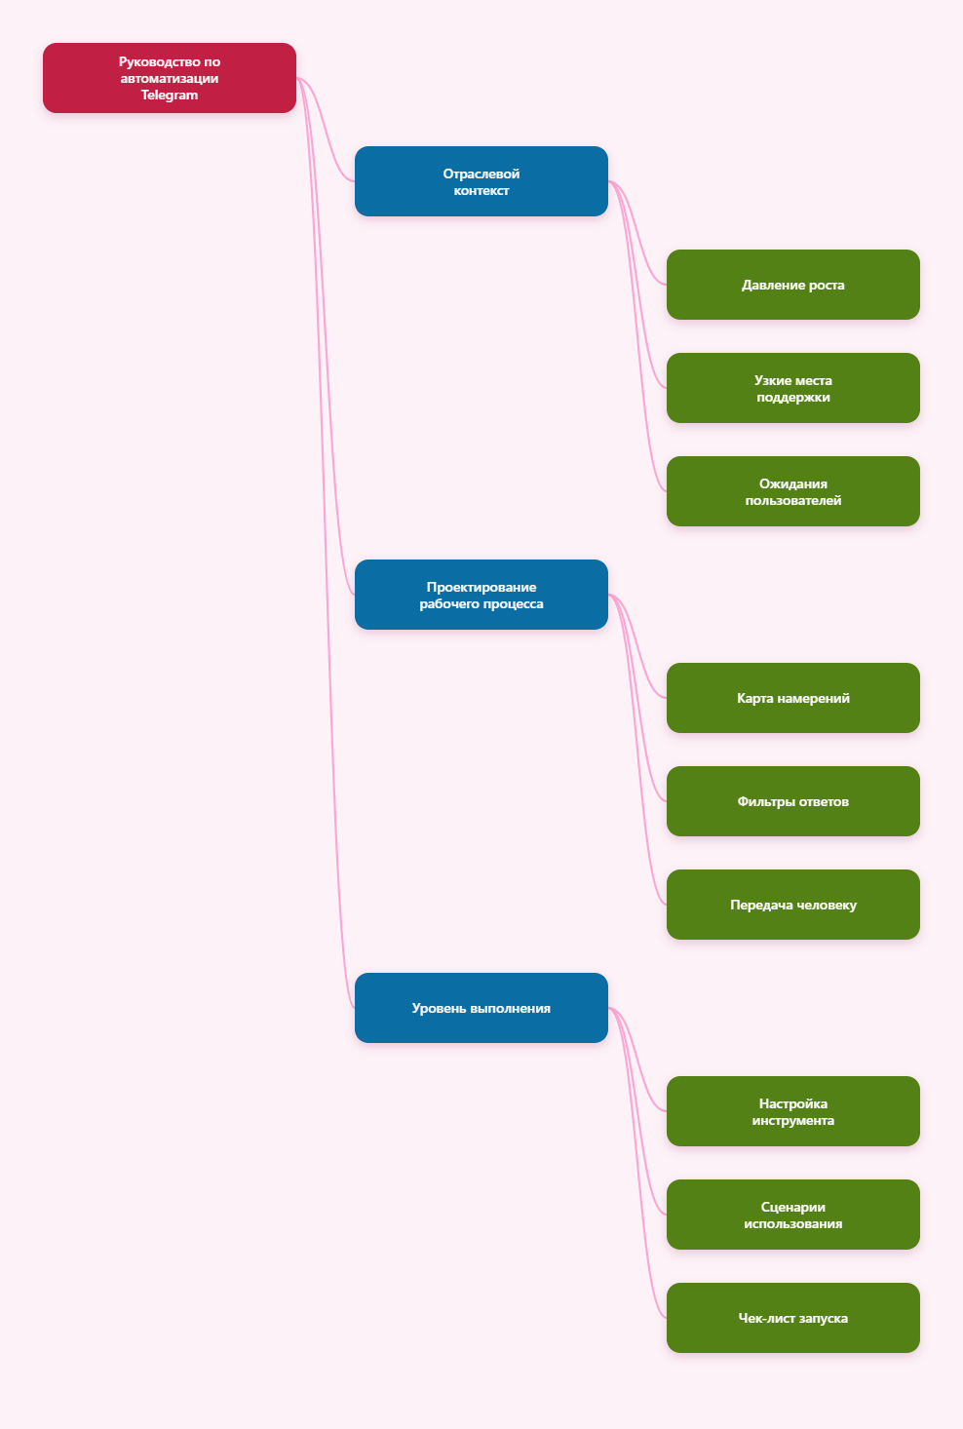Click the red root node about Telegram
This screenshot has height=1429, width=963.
pyautogui.click(x=169, y=78)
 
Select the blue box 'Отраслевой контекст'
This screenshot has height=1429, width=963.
pyautogui.click(x=481, y=181)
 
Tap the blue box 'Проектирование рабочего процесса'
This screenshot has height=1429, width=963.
pyautogui.click(x=481, y=595)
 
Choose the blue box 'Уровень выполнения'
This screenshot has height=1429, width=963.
pyautogui.click(x=481, y=1008)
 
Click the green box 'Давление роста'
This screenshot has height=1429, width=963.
pyautogui.click(x=792, y=285)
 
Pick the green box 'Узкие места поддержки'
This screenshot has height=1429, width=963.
pyautogui.click(x=792, y=388)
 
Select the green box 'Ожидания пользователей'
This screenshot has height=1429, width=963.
pyautogui.click(x=792, y=491)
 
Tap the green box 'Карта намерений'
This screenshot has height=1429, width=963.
pyautogui.click(x=792, y=698)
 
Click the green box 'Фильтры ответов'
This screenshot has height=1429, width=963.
pyautogui.click(x=792, y=801)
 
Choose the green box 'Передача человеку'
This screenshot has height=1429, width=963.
pyautogui.click(x=792, y=905)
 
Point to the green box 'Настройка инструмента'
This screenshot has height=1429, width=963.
pyautogui.click(x=792, y=1111)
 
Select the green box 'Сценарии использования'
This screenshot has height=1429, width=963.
pyautogui.click(x=792, y=1215)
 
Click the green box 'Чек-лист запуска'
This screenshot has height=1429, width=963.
pyautogui.click(x=792, y=1318)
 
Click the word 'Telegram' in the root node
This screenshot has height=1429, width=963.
pyautogui.click(x=169, y=96)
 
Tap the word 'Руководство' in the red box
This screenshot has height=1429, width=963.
pyautogui.click(x=160, y=61)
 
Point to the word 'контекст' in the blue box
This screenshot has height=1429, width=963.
pyautogui.click(x=481, y=191)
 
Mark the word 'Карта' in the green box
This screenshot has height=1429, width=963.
pyautogui.click(x=754, y=699)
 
